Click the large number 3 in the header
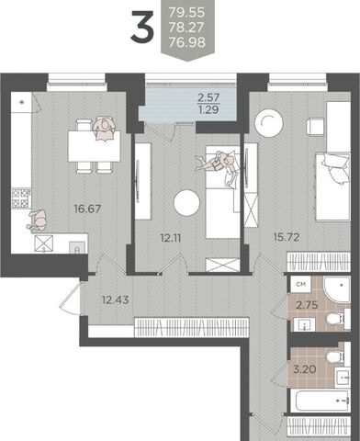point(142,26)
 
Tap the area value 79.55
point(186,13)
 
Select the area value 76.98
point(186,42)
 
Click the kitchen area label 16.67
point(87,209)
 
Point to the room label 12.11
point(171,238)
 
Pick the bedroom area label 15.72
point(287,237)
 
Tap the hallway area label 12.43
point(116,300)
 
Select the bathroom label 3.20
point(305,369)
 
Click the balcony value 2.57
point(208,97)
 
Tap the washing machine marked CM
point(301,284)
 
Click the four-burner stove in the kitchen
point(21,198)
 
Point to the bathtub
point(320,401)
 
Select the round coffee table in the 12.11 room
point(186,203)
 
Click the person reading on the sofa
point(217,164)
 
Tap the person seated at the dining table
point(104,129)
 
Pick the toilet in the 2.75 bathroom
point(335,319)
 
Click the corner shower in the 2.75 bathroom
point(336,289)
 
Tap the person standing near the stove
point(38,220)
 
